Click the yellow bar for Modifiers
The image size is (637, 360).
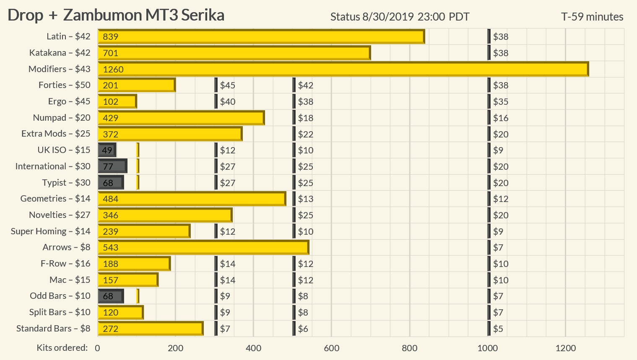[x=343, y=69]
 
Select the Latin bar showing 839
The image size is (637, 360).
[x=261, y=36]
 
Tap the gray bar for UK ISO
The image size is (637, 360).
[x=107, y=150]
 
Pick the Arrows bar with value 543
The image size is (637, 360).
[x=203, y=247]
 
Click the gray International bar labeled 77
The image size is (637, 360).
[x=112, y=166]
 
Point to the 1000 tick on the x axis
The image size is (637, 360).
[x=488, y=348]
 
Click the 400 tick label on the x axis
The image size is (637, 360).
[x=253, y=348]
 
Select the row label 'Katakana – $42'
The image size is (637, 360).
[x=60, y=53]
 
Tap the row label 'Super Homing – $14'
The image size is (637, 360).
[x=50, y=231]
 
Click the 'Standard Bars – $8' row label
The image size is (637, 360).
[x=53, y=329]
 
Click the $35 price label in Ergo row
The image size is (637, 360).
[x=501, y=101]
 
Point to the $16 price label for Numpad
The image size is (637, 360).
[x=501, y=118]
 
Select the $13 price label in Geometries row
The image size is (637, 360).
[x=305, y=199]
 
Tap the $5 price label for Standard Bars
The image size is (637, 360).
[x=498, y=329]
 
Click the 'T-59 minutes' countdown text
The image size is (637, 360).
[x=592, y=17]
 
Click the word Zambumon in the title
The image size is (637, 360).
[x=103, y=15]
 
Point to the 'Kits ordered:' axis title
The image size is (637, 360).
[x=62, y=348]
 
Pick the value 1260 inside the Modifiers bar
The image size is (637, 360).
[x=113, y=69]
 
